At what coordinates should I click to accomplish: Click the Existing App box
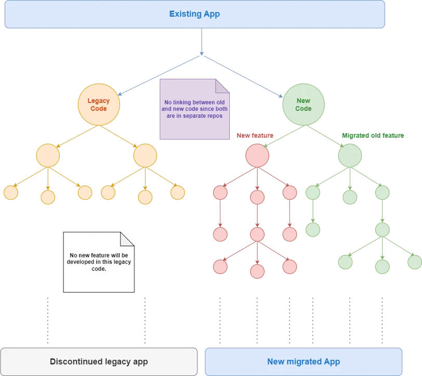coord(194,14)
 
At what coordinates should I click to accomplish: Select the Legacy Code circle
coord(99,105)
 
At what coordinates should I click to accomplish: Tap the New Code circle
coord(304,105)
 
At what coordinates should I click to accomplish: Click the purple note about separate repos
coord(194,109)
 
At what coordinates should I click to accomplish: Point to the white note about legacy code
coord(99,262)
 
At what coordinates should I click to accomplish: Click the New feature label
coord(255,136)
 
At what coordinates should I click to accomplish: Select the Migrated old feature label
coord(373,136)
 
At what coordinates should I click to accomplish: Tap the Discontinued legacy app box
coord(99,361)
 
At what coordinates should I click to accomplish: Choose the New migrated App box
coord(304,361)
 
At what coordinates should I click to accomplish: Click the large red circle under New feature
coord(257,155)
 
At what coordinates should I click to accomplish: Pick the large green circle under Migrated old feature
coord(350,155)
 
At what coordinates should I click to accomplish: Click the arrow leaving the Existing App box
coord(202,42)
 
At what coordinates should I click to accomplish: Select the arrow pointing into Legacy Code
coord(159,76)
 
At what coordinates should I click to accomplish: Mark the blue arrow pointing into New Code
coord(243,76)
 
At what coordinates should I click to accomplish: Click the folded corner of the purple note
coord(222,86)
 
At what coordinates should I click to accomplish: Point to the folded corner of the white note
coord(127,239)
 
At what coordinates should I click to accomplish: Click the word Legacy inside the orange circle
coord(99,101)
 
